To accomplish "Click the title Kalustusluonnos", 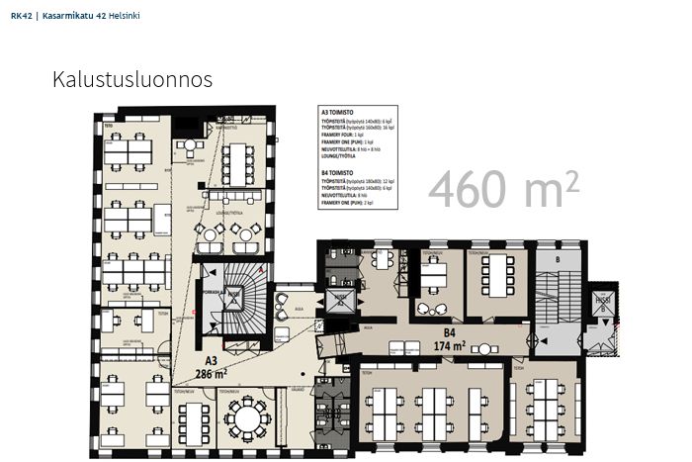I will pos(132,80).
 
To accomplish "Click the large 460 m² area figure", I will pos(502,190).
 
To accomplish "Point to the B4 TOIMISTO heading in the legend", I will pos(339,172).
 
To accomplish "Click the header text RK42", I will pos(20,16).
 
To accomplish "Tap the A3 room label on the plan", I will pos(210,363).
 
